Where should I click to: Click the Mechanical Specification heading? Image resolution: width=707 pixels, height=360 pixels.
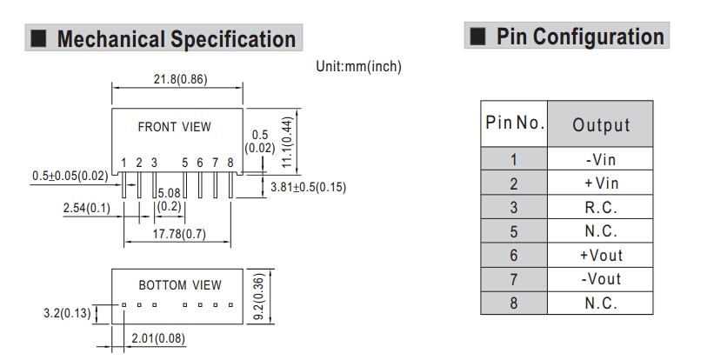tap(175, 39)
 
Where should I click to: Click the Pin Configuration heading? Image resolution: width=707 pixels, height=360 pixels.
tap(579, 37)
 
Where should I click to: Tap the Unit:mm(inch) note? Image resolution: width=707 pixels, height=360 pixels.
tap(359, 66)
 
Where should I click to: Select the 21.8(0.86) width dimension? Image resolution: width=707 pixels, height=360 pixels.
tap(174, 80)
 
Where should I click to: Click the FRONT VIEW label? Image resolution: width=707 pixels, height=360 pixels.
tap(174, 127)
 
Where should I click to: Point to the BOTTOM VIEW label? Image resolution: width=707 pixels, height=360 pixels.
tap(180, 285)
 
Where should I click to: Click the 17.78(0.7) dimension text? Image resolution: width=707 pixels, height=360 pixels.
tap(180, 233)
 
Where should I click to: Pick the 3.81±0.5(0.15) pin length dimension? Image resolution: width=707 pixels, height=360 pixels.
tap(309, 187)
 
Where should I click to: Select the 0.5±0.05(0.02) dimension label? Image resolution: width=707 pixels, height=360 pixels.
tap(70, 176)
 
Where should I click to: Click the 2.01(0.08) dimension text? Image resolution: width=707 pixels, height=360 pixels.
tap(158, 337)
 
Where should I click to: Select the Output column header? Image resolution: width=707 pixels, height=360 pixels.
tap(600, 124)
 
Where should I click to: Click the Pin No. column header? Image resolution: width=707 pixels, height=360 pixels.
tap(513, 123)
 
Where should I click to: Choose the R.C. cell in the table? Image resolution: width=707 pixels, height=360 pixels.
tap(600, 207)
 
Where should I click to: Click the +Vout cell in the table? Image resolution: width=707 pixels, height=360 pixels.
tap(600, 256)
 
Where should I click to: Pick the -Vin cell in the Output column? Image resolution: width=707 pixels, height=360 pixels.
tap(600, 159)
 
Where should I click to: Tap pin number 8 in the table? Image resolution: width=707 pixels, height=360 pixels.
tap(513, 303)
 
